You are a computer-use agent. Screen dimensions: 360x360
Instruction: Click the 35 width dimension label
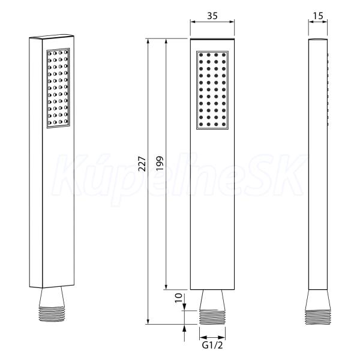[x=212, y=16]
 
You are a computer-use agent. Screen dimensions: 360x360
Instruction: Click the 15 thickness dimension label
[x=318, y=16]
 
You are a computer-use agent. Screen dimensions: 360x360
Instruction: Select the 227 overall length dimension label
[x=142, y=164]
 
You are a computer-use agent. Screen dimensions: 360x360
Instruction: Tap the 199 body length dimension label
[x=160, y=163]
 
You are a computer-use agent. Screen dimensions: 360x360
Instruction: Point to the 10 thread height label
[x=179, y=298]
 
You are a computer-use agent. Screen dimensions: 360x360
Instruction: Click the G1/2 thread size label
[x=212, y=346]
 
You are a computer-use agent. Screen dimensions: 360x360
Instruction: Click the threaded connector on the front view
[x=212, y=317]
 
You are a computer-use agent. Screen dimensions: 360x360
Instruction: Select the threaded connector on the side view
[x=318, y=317]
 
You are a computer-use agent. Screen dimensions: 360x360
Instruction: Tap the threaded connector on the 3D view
[x=52, y=314]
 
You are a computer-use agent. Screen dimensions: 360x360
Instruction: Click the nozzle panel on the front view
[x=212, y=90]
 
